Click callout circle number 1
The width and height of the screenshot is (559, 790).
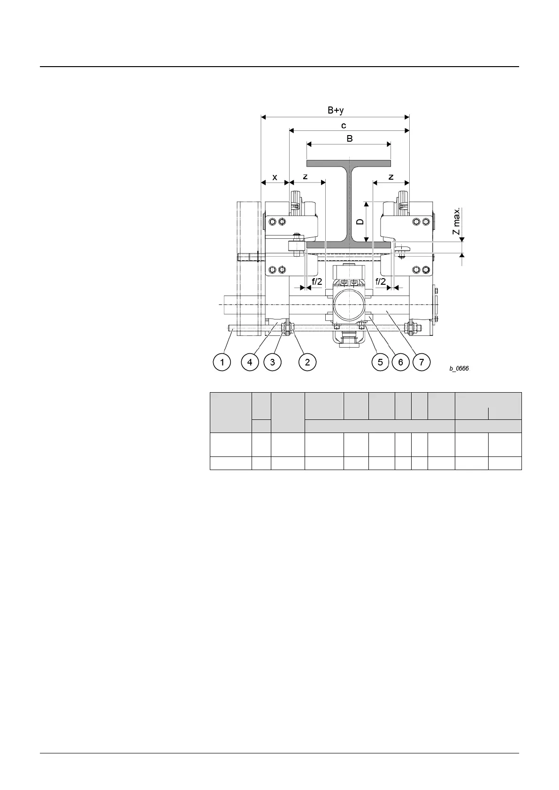pos(222,362)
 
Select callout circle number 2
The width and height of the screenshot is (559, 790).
pos(307,362)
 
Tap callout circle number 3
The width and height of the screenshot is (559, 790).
pos(272,362)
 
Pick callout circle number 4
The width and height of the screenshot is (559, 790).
pos(250,362)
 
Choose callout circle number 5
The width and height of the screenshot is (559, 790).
pos(380,362)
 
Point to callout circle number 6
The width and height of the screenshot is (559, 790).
pos(400,362)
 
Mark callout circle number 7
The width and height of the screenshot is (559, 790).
pos(421,362)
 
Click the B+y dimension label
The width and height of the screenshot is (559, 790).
pos(336,110)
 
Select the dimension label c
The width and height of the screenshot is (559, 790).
pos(344,126)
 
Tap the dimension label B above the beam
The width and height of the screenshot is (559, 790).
pos(349,139)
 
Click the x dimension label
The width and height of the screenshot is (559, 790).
pos(275,177)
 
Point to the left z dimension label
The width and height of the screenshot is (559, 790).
pos(305,177)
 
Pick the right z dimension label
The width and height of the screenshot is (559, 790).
pos(391,177)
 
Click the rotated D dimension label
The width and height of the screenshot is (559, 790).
pos(360,221)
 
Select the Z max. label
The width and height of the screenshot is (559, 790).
pos(456,222)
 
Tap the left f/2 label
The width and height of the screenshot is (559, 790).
pos(317,281)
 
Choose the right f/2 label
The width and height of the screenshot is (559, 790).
pos(381,281)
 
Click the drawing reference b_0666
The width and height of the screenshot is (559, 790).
pos(459,369)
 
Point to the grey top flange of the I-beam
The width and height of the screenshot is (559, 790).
pos(349,163)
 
